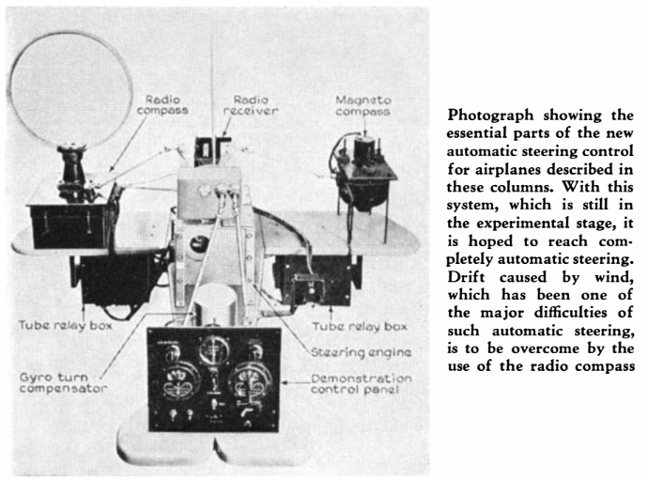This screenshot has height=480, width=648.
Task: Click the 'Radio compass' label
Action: (x=162, y=105)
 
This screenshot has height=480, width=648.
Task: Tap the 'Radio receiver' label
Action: (x=251, y=105)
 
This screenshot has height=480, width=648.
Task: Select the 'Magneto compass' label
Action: (x=363, y=106)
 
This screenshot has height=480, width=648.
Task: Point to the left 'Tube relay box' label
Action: (x=66, y=325)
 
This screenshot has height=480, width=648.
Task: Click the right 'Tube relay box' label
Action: (x=360, y=326)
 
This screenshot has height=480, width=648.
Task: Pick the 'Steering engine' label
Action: (x=361, y=352)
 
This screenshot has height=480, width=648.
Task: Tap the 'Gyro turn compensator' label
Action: (x=63, y=383)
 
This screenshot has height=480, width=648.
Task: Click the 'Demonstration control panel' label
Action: (x=362, y=384)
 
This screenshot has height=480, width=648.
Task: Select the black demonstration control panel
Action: (x=214, y=379)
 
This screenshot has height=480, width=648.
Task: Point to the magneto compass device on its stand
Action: (x=363, y=174)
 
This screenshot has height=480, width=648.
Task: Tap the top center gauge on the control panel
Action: (x=214, y=350)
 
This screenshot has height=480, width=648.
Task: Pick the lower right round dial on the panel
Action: (x=250, y=382)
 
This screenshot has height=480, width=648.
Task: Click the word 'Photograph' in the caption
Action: (x=490, y=116)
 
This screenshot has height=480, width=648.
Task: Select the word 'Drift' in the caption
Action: (x=466, y=276)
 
